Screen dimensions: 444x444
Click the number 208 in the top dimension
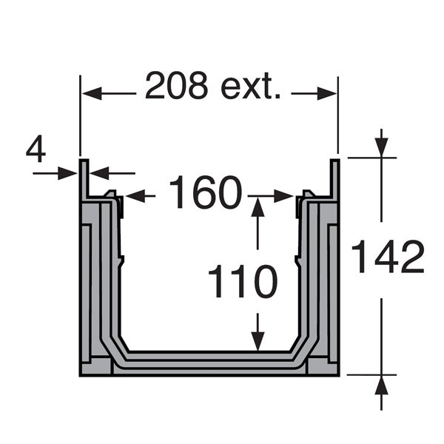point(176,86)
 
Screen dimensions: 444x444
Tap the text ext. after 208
point(251,87)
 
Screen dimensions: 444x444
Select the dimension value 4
point(36,149)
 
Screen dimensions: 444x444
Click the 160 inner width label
point(206,192)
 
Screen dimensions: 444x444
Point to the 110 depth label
point(243,281)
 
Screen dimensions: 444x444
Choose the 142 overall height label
point(388,257)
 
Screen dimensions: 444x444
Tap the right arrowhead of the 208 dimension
point(327,93)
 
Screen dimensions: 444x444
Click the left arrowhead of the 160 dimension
point(135,196)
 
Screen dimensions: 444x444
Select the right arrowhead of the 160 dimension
point(283,196)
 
